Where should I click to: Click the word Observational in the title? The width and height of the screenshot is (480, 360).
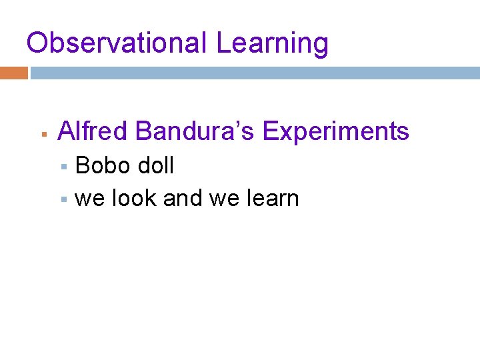(117, 43)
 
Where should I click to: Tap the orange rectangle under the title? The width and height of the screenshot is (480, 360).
(13, 73)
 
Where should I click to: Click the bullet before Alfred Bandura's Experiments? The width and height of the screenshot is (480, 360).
(42, 134)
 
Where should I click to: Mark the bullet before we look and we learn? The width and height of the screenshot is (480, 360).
(64, 199)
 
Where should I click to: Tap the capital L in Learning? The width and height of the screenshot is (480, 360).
(223, 43)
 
